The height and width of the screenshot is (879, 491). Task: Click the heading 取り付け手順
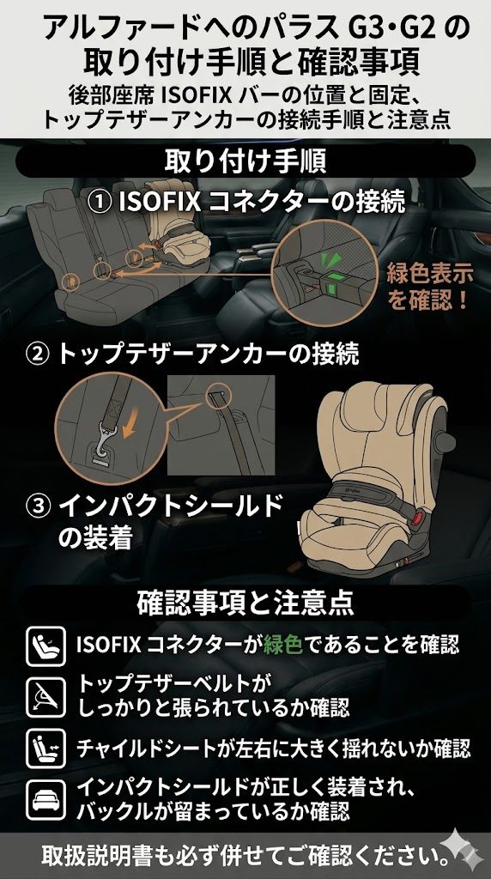pyautogui.click(x=245, y=161)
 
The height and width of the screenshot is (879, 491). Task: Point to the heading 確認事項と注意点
pyautogui.click(x=245, y=603)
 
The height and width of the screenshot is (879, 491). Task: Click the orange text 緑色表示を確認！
pyautogui.click(x=428, y=288)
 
